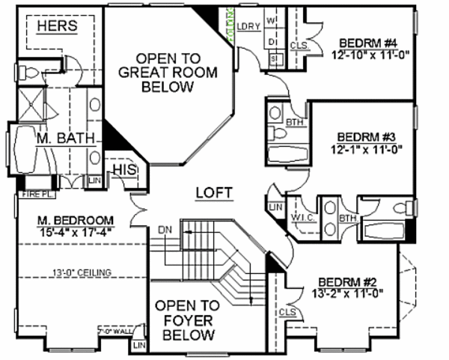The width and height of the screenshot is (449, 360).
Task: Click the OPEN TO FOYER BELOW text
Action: (x=187, y=319)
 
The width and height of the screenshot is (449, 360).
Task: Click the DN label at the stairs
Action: (x=166, y=230)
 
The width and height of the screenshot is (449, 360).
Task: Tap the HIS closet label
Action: (x=121, y=171)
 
